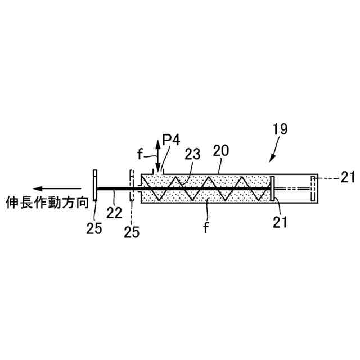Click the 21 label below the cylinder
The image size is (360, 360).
pos(280,221)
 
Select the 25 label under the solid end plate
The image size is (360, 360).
pos(94,229)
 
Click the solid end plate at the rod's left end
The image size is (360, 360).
pos(95,188)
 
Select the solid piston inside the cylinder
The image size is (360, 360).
pos(272,188)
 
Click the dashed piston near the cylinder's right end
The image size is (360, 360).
pos(313,188)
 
